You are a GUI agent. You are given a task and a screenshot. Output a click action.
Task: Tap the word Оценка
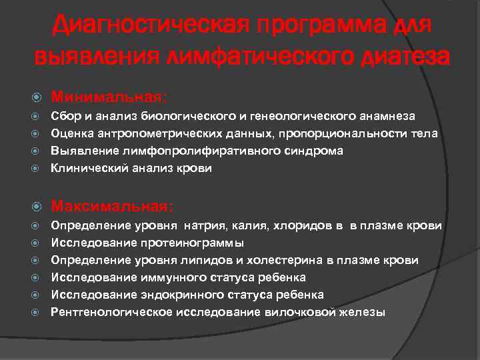pos(71,133)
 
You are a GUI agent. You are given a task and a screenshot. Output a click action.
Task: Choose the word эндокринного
pos(178,295)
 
